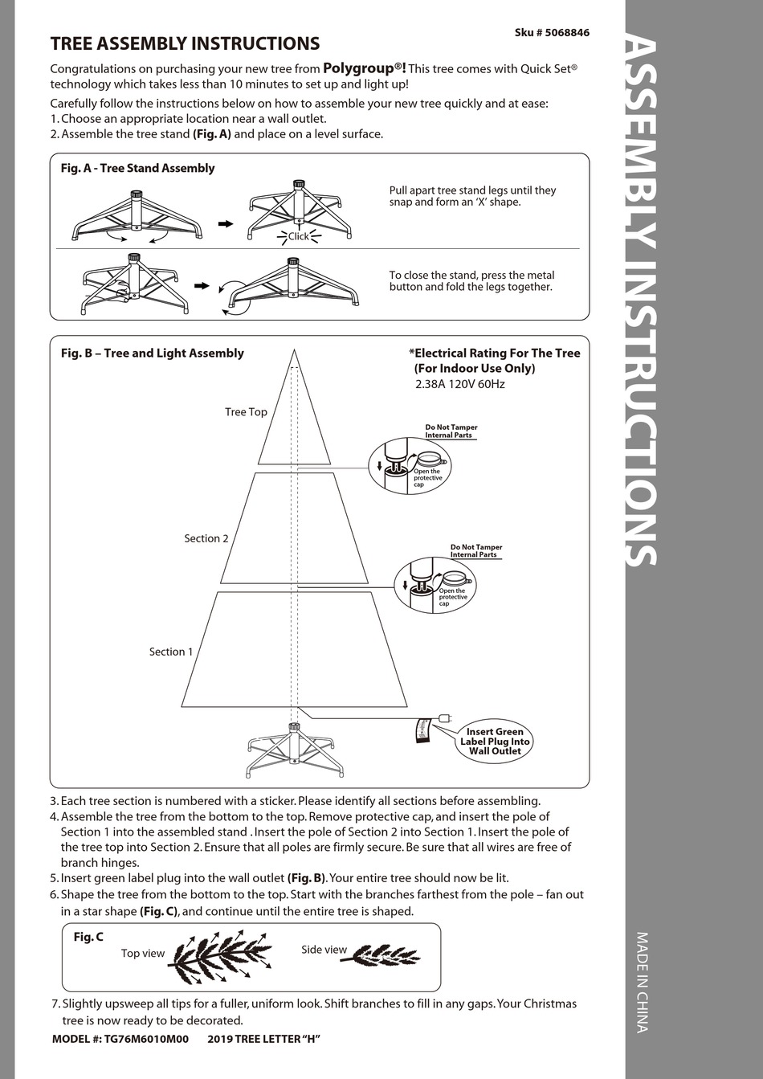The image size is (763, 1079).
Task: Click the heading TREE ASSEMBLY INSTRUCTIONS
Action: (185, 44)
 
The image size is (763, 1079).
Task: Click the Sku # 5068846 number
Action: (552, 33)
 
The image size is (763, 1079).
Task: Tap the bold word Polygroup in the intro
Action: (358, 68)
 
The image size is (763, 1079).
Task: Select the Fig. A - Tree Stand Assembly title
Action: (137, 168)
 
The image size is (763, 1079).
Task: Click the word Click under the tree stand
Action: (298, 236)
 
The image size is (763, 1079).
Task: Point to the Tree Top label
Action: (246, 412)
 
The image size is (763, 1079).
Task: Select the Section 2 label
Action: (206, 538)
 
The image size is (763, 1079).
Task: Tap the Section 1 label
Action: (171, 652)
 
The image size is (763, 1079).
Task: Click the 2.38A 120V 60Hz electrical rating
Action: (460, 384)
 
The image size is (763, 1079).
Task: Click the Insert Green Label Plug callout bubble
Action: (495, 741)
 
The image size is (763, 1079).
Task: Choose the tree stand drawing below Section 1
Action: (293, 747)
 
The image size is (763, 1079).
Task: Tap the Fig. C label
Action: (88, 937)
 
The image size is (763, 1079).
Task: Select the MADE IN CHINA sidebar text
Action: (642, 981)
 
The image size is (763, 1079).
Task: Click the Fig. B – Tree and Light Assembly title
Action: (153, 353)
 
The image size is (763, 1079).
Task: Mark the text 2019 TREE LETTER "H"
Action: (264, 1039)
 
